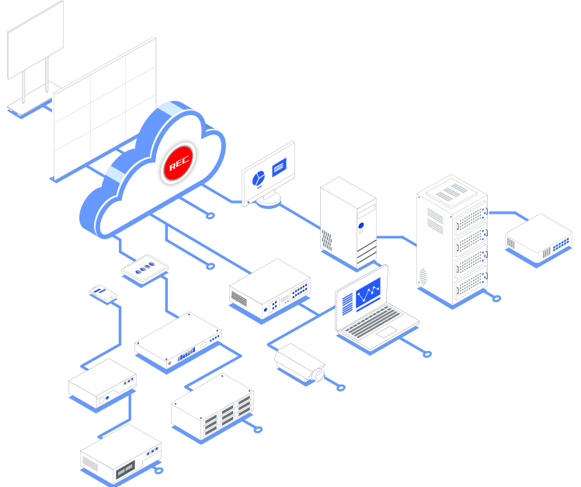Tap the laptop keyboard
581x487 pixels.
pos(380,320)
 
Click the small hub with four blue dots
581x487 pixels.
pos(145,268)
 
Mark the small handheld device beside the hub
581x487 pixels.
pos(101,293)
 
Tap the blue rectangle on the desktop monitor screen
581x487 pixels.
pos(279,165)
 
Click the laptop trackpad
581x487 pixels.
pos(386,334)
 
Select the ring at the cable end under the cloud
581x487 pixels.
pos(210,266)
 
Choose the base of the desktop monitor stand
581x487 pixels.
pos(269,199)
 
